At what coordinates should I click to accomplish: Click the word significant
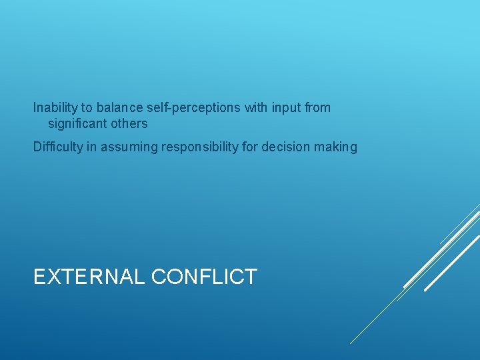(77, 124)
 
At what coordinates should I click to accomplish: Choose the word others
(129, 124)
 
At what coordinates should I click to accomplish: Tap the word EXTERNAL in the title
(89, 277)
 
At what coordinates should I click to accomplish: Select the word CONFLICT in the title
(204, 277)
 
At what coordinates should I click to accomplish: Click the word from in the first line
(317, 108)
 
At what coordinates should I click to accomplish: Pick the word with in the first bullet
(256, 108)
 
